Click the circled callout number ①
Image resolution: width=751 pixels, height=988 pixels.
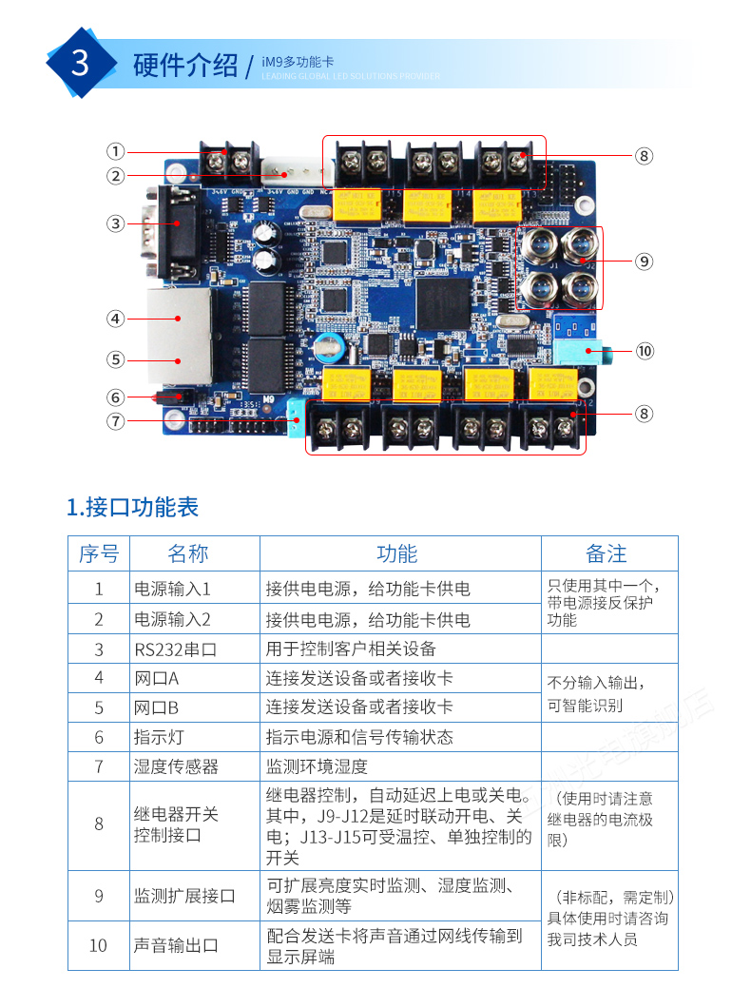pos(115,151)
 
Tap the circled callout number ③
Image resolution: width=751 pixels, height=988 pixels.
pos(115,223)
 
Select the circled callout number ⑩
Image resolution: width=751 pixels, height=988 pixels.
pos(645,351)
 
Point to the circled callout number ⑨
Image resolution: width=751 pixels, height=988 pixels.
pos(645,260)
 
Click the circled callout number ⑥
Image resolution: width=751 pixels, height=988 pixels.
pos(115,397)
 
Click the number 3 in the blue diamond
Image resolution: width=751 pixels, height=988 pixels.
pos(81,63)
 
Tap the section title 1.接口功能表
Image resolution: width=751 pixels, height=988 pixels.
pos(133,506)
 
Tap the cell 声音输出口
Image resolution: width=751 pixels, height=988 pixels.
pos(177,945)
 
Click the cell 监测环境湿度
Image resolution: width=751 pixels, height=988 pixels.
pos(317,765)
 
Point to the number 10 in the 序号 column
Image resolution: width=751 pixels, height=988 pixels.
pos(98,945)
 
